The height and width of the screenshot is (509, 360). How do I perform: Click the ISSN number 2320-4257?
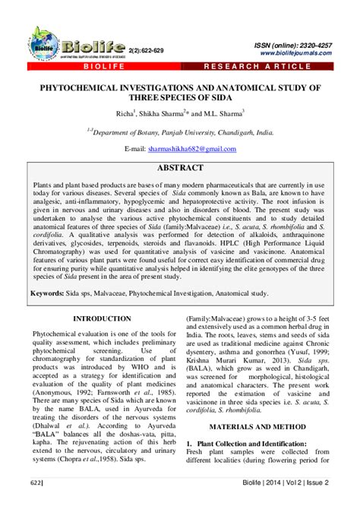311,46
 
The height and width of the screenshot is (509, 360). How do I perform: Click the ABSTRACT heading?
180,167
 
